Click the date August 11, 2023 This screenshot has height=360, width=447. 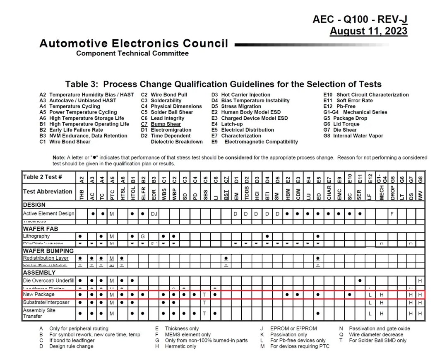point(368,31)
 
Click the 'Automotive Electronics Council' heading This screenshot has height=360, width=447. point(134,43)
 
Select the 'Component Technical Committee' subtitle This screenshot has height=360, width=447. point(132,53)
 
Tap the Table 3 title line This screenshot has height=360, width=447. point(223,84)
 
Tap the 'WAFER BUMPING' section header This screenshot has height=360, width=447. point(48,251)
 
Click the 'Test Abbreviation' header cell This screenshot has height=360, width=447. point(48,191)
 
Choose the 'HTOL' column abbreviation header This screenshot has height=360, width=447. point(133,191)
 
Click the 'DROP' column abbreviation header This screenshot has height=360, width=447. point(392,191)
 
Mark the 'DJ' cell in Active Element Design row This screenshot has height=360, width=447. point(154,214)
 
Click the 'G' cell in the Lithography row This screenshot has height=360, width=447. point(143,236)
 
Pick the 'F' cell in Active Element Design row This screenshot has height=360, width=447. point(392,214)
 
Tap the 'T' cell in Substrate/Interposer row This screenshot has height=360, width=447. point(204,302)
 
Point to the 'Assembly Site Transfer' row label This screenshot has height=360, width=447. point(39,313)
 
